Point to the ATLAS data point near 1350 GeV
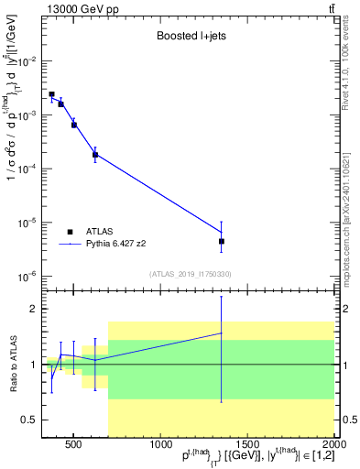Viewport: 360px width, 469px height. coord(222,241)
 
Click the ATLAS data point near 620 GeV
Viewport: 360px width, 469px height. coord(95,155)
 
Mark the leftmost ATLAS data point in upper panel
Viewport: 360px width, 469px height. coord(51,94)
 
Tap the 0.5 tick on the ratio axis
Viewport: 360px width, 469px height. coord(30,420)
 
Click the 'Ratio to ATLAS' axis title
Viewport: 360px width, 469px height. coord(11,365)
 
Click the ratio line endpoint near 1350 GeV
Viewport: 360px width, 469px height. coord(222,333)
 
